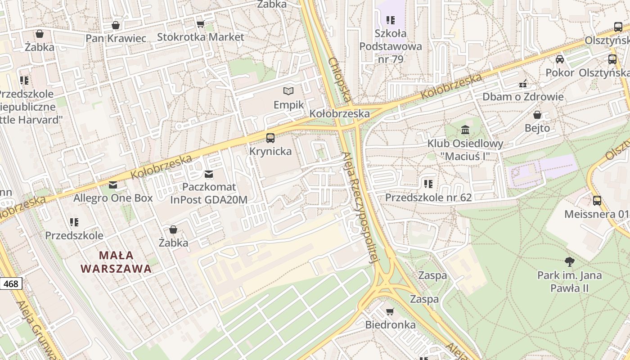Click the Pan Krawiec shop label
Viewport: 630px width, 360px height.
(116, 38)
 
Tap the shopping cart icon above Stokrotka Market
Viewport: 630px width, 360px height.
(200, 24)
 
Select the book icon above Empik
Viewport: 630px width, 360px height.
(288, 91)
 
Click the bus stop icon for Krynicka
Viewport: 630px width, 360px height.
(270, 138)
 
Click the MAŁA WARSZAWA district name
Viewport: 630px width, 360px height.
(116, 262)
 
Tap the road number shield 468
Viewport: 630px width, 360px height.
(11, 283)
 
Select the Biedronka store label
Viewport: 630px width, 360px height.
(390, 324)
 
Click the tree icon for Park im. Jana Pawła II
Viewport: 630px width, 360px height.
(569, 261)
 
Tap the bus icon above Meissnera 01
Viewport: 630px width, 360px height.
(597, 201)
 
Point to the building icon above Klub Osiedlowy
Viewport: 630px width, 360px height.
(465, 130)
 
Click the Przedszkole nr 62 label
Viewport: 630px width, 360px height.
(428, 198)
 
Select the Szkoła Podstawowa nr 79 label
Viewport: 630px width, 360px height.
(390, 46)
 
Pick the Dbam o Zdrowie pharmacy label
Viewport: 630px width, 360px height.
(523, 97)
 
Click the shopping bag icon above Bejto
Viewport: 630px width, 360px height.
(537, 115)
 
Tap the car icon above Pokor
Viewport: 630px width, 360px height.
(560, 59)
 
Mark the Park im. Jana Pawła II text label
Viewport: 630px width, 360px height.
(569, 282)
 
